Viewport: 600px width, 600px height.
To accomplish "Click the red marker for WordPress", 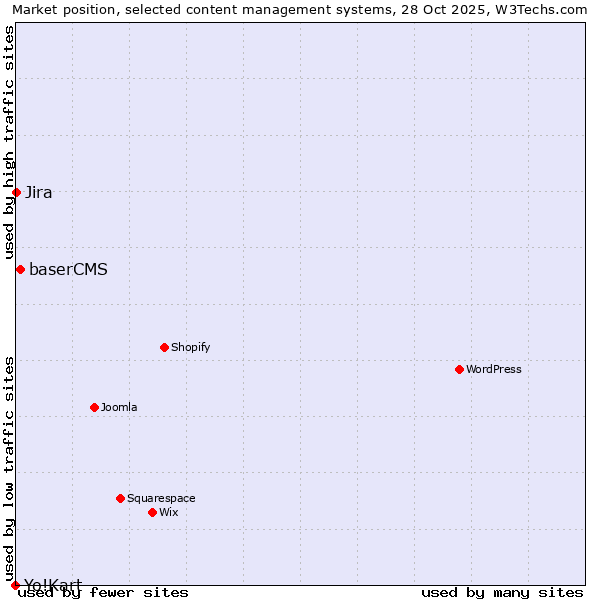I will pyautogui.click(x=459, y=369).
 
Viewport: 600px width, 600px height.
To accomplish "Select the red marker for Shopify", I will pyautogui.click(x=164, y=347).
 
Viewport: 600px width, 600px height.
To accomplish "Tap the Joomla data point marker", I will pyautogui.click(x=94, y=407).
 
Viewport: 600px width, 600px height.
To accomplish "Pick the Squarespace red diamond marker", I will pyautogui.click(x=120, y=498).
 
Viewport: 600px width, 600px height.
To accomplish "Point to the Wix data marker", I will pyautogui.click(x=152, y=512).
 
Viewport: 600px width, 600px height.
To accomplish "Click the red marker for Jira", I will pyautogui.click(x=17, y=192).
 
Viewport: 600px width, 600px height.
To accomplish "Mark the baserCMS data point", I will pyautogui.click(x=20, y=269).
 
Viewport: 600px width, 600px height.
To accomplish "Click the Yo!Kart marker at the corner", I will pyautogui.click(x=15, y=585).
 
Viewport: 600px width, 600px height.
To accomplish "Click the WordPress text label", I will pyautogui.click(x=494, y=369).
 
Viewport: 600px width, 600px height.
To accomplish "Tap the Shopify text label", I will pyautogui.click(x=190, y=347).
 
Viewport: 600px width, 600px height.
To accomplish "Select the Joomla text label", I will pyautogui.click(x=119, y=407).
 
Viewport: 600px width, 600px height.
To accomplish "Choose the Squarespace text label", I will pyautogui.click(x=161, y=498).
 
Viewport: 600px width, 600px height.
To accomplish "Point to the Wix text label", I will pyautogui.click(x=168, y=512).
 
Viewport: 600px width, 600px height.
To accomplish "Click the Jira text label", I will pyautogui.click(x=39, y=192).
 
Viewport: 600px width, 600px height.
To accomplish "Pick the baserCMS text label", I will pyautogui.click(x=68, y=269).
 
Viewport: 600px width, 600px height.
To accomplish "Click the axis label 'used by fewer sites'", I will pyautogui.click(x=104, y=592).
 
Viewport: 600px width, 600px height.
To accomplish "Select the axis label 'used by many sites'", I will pyautogui.click(x=502, y=592).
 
